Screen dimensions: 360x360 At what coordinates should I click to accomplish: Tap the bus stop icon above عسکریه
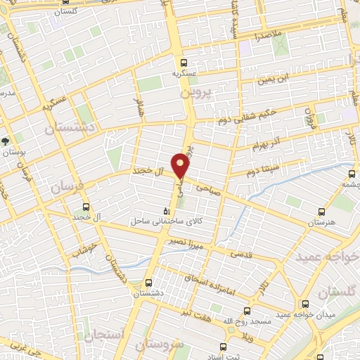click(x=184, y=62)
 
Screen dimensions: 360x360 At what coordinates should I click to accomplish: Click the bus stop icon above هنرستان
click(x=321, y=211)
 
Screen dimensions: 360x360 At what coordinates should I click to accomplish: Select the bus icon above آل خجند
click(x=86, y=207)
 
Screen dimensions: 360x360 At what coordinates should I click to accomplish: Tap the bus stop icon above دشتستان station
click(x=147, y=283)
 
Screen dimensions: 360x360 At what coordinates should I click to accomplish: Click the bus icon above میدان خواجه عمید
click(x=304, y=304)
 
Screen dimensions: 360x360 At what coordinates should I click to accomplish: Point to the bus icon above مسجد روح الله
click(x=247, y=310)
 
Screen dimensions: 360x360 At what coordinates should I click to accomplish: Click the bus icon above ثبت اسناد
click(x=224, y=347)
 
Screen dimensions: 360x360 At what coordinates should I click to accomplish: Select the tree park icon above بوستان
click(x=6, y=141)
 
